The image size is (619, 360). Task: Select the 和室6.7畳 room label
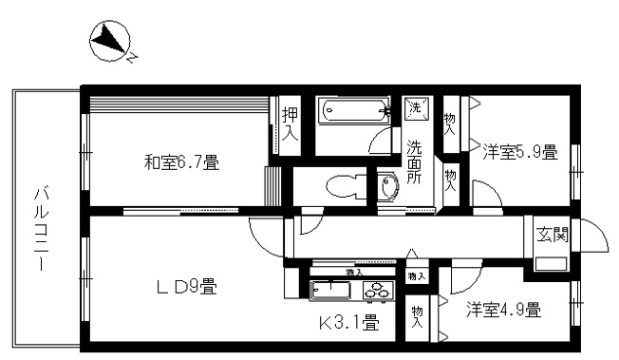pos(181,163)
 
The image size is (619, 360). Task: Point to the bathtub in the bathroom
pos(351,112)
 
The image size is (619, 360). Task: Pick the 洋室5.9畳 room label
pos(518,152)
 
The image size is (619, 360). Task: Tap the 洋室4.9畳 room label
pos(503,310)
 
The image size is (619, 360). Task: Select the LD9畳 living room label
pos(187,286)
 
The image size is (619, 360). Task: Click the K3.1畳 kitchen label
pos(348,322)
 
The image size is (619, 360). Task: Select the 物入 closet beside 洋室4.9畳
pos(417,316)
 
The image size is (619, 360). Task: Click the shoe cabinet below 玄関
pos(551,263)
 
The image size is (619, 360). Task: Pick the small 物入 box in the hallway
pos(416,275)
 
